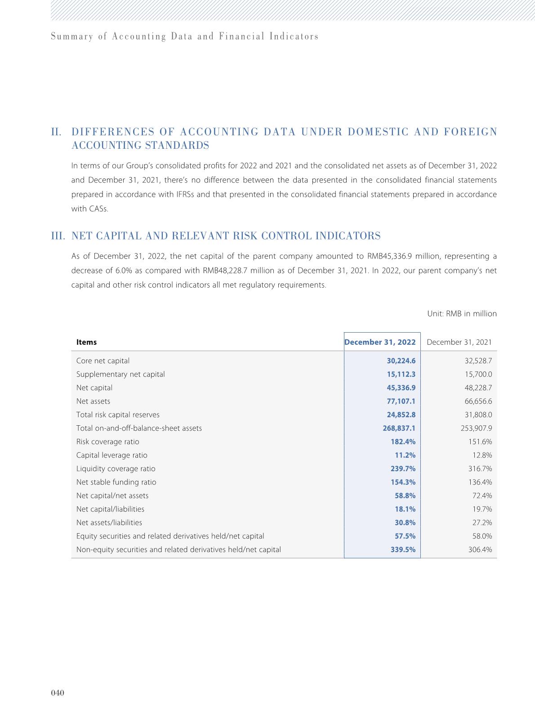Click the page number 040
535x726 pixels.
click(x=58, y=693)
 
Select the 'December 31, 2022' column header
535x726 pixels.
click(x=380, y=342)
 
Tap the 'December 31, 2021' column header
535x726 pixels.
click(x=459, y=342)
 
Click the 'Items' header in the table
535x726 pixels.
click(x=86, y=342)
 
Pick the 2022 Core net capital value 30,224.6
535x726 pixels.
click(x=401, y=361)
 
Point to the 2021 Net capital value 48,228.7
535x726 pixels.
click(x=478, y=387)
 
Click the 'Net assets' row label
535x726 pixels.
click(x=93, y=401)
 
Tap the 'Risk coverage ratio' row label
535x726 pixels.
click(x=107, y=441)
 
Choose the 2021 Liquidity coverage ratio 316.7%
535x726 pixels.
click(x=480, y=468)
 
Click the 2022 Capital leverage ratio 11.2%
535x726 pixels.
click(x=405, y=455)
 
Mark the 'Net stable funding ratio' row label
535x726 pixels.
click(x=116, y=482)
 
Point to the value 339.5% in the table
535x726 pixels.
click(x=403, y=549)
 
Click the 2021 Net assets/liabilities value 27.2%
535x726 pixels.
click(x=482, y=522)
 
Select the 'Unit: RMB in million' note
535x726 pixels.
click(x=462, y=314)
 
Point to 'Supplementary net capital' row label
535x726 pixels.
click(x=120, y=374)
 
